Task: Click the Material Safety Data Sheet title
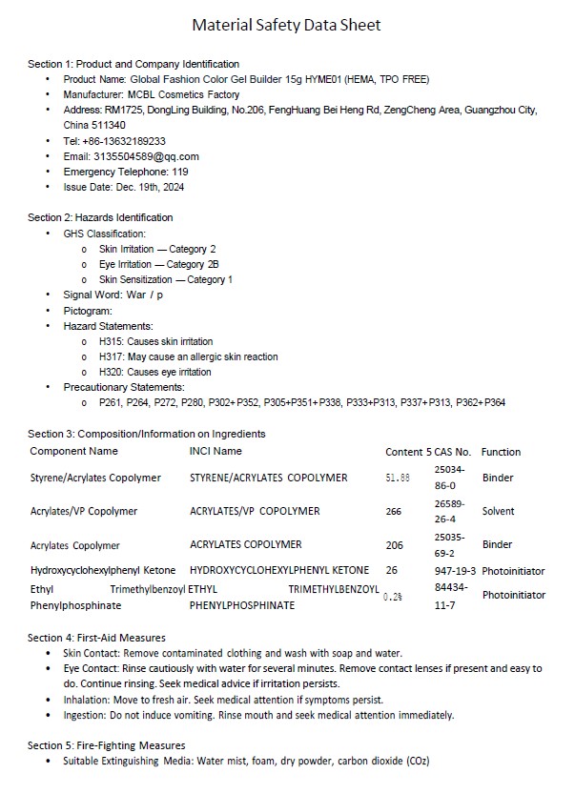pyautogui.click(x=286, y=25)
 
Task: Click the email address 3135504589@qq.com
pyautogui.click(x=146, y=156)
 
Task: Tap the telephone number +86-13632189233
pyautogui.click(x=131, y=141)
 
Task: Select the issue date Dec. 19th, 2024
pyautogui.click(x=151, y=187)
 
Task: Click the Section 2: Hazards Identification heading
pyautogui.click(x=100, y=217)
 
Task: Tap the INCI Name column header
pyautogui.click(x=216, y=451)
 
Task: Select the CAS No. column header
pyautogui.click(x=453, y=452)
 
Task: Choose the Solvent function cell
pyautogui.click(x=498, y=511)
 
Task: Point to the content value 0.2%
pyautogui.click(x=392, y=597)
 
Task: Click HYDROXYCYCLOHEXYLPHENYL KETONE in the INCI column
pyautogui.click(x=279, y=571)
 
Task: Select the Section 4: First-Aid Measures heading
pyautogui.click(x=96, y=637)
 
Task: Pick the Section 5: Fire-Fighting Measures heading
pyautogui.click(x=107, y=744)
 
